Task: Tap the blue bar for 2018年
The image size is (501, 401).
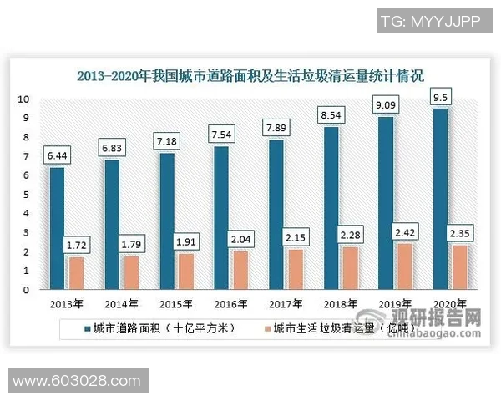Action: tap(331, 208)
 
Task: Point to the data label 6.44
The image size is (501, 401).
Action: tap(57, 156)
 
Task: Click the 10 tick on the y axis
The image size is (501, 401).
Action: tap(26, 99)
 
